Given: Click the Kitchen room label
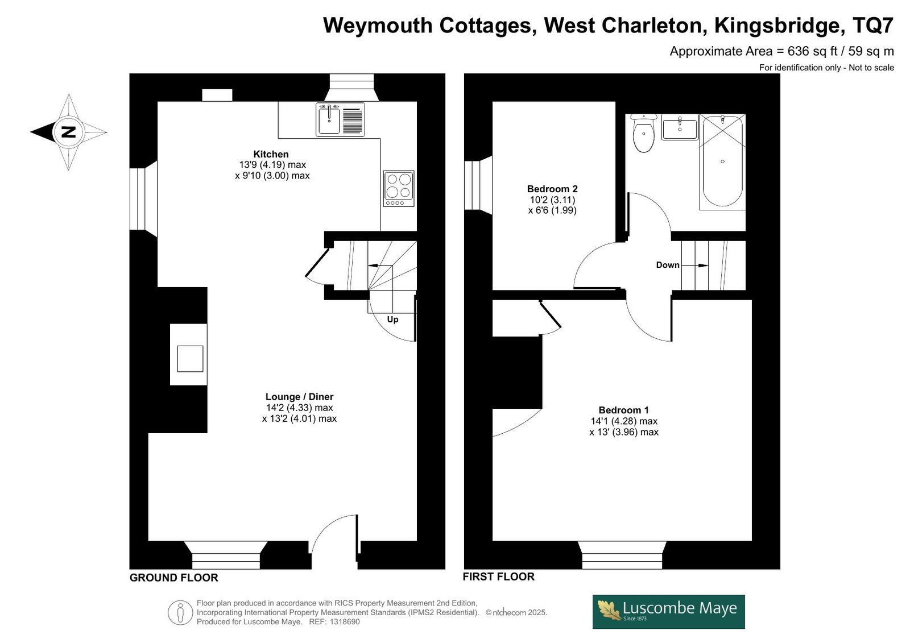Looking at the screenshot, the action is pyautogui.click(x=271, y=154).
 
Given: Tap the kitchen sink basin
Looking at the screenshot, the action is pyautogui.click(x=329, y=120).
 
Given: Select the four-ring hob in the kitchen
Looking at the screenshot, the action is pyautogui.click(x=399, y=189).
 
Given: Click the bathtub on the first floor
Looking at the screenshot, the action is pyautogui.click(x=723, y=161).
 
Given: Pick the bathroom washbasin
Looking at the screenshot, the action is pyautogui.click(x=680, y=127).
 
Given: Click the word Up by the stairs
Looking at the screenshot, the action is pyautogui.click(x=392, y=320).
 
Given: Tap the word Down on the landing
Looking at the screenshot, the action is pyautogui.click(x=668, y=266).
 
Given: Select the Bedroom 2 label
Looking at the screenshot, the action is pyautogui.click(x=552, y=189).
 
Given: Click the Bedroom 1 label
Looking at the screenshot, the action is pyautogui.click(x=623, y=410).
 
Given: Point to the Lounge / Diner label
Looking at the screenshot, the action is pyautogui.click(x=299, y=397).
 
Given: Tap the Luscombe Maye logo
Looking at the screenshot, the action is pyautogui.click(x=669, y=612).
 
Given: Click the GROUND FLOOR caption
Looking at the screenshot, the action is pyautogui.click(x=174, y=578).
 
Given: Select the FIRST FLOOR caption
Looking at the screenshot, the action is pyautogui.click(x=498, y=576).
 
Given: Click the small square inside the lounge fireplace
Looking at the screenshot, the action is pyautogui.click(x=190, y=359).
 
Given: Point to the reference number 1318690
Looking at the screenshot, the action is pyautogui.click(x=344, y=622).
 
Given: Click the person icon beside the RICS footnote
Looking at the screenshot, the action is pyautogui.click(x=180, y=612).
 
